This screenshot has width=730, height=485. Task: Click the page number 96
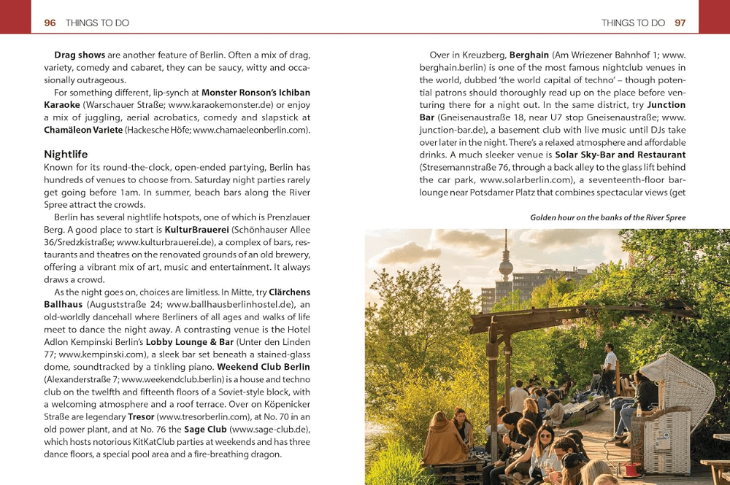click(50, 23)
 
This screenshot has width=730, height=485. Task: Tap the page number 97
click(680, 23)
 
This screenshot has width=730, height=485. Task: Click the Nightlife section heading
click(66, 155)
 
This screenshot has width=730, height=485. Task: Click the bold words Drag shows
click(80, 55)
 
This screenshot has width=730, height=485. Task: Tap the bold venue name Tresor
click(141, 416)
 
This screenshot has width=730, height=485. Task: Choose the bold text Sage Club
click(204, 429)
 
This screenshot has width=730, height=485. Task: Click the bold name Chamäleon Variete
click(82, 130)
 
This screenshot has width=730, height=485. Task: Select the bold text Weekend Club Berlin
click(264, 367)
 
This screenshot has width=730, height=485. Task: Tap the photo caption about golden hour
click(607, 217)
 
